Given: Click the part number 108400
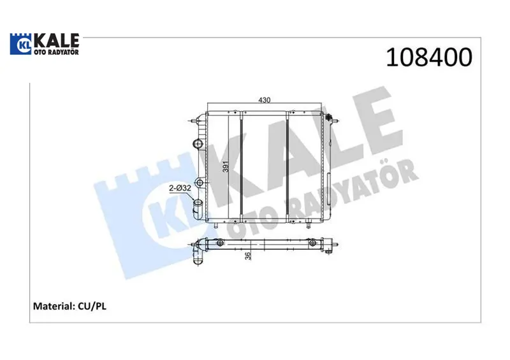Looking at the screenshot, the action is [429, 57].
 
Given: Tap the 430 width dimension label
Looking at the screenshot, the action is [264, 100].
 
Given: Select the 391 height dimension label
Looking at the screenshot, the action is [226, 166].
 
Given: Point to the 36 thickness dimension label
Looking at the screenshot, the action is [248, 256].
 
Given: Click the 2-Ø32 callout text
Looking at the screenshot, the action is [180, 188].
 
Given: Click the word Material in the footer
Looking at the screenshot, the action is [54, 306].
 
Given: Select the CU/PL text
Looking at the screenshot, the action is [92, 306].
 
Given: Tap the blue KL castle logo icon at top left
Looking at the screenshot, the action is [21, 44].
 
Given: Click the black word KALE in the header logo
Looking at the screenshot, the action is [56, 41].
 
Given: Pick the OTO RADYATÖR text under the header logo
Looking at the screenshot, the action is [56, 52].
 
